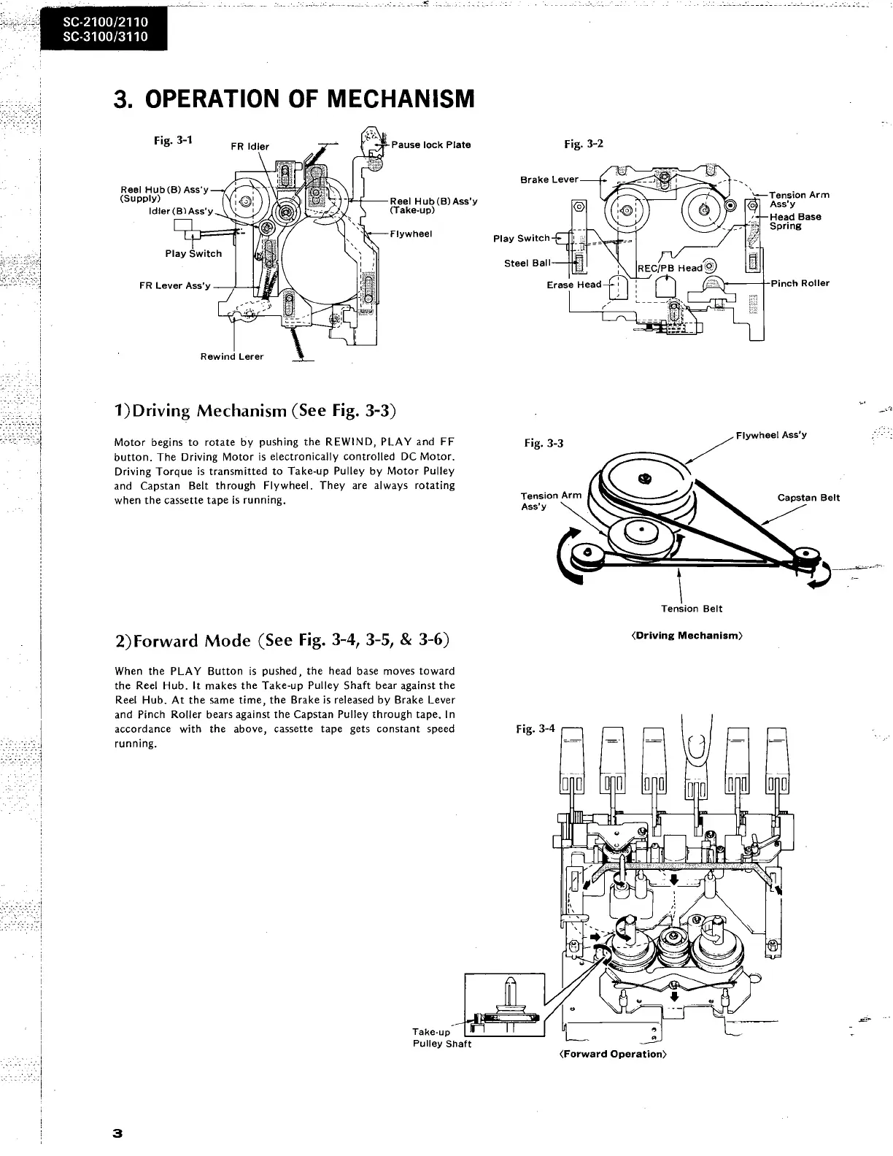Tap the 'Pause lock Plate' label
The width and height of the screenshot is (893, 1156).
point(430,144)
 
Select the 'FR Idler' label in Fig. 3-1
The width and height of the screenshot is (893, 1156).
point(250,147)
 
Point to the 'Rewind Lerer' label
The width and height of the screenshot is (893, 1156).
point(232,357)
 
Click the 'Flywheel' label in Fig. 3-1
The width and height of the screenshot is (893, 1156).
point(411,234)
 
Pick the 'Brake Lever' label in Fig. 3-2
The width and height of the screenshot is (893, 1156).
point(549,180)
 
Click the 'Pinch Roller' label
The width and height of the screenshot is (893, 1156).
point(800,283)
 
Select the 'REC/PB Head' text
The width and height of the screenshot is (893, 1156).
point(670,268)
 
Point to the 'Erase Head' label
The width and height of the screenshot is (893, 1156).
point(573,285)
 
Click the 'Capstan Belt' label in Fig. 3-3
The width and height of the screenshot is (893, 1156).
point(808,498)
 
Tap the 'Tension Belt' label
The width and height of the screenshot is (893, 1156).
point(692,609)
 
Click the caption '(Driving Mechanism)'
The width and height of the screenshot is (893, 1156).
point(686,636)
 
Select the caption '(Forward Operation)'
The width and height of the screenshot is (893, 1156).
point(613,1054)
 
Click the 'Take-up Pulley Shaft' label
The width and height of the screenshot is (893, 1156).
point(441,1038)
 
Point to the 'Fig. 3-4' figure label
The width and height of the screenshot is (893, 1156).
point(535,728)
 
